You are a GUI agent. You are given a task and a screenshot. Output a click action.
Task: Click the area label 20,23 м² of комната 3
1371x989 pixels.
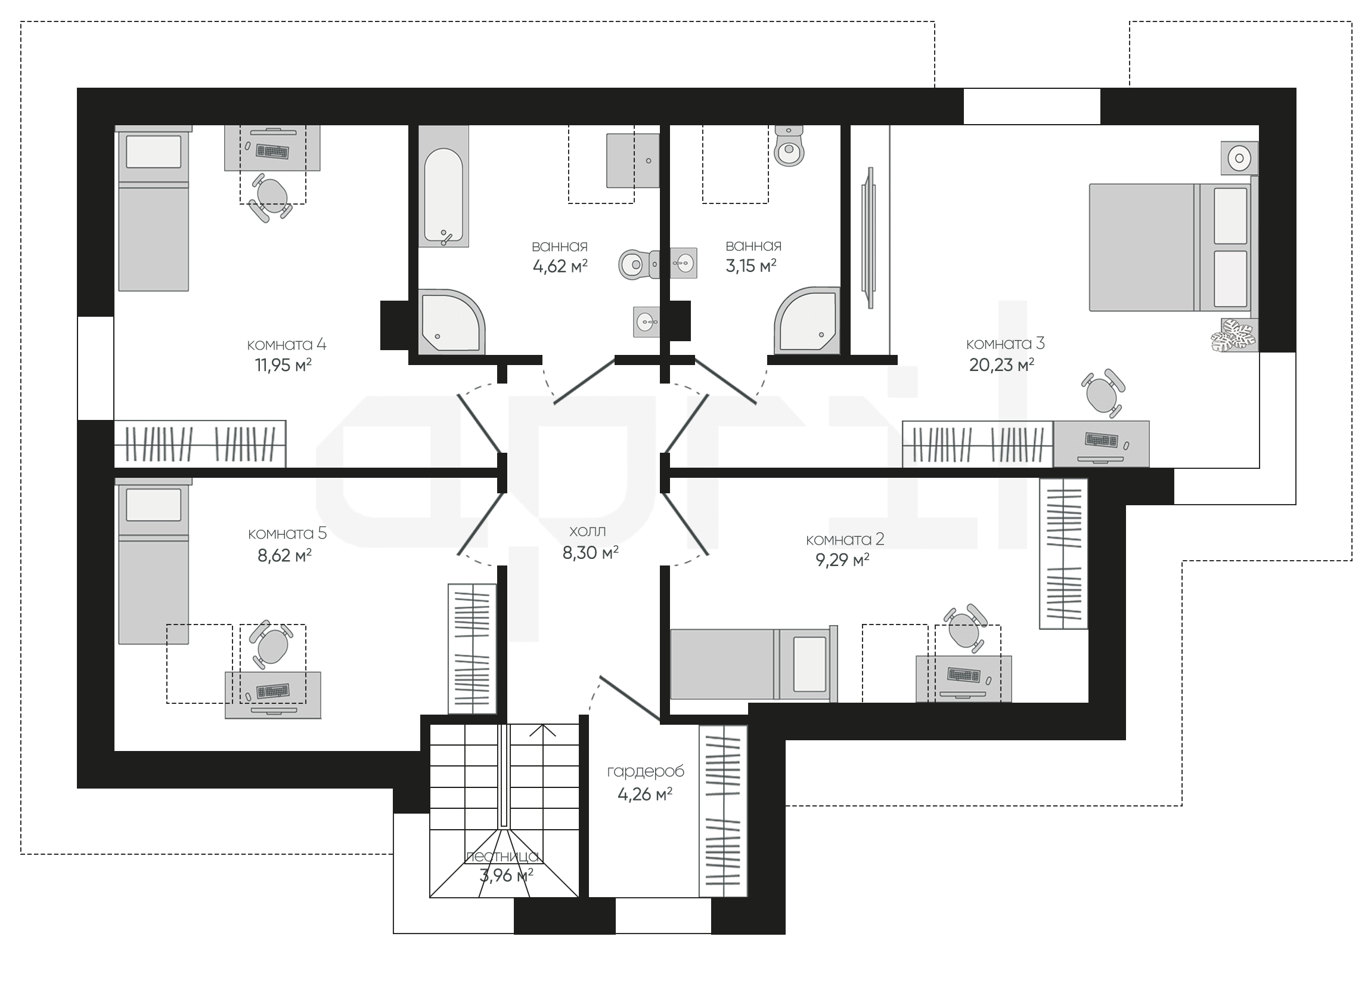coord(1001,364)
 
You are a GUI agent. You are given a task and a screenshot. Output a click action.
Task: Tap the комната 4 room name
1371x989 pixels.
coord(287,345)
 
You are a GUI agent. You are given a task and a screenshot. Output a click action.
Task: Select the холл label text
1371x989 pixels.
coord(588,531)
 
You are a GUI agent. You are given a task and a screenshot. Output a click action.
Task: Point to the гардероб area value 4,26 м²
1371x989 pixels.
coord(645,794)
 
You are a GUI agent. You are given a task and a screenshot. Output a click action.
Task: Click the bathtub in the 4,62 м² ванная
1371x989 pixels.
coord(443,186)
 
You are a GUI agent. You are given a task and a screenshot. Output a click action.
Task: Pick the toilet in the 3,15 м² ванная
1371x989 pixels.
coord(789,146)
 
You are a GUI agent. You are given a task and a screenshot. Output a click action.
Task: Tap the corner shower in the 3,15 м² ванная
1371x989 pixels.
coord(807,320)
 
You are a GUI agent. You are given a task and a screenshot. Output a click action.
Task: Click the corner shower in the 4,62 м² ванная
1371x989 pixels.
coord(452,322)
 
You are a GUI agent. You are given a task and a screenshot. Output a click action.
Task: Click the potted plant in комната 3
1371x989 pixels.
coord(1234,335)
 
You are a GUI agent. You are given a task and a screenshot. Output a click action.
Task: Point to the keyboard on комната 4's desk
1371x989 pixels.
coord(272,151)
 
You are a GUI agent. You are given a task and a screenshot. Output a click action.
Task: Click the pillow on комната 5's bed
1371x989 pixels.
coord(154,505)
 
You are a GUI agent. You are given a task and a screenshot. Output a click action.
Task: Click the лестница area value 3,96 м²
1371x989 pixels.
coord(506,875)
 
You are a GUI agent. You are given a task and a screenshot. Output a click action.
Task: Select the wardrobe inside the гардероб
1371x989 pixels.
coord(723,811)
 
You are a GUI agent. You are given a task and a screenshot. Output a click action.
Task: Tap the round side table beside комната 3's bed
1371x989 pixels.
coord(1239,158)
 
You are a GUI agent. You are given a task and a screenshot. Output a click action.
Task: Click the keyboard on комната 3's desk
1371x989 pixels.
coord(1102,440)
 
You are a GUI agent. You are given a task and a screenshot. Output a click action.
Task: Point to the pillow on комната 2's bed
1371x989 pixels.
coord(809,663)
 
